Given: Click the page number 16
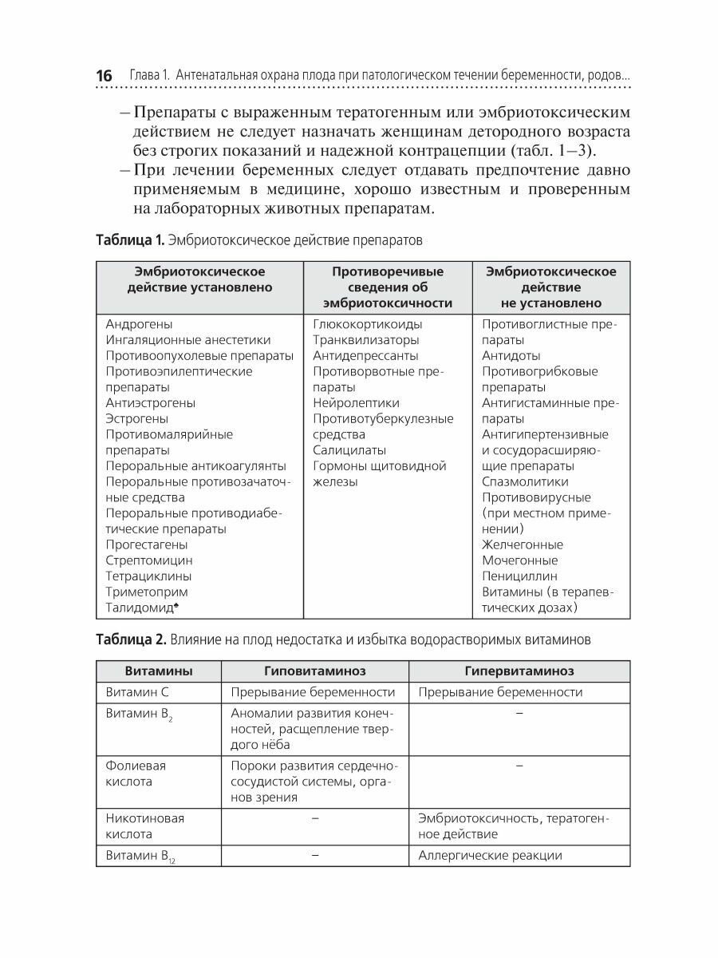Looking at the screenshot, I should pyautogui.click(x=104, y=76).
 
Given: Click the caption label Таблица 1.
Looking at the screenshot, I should pyautogui.click(x=129, y=239).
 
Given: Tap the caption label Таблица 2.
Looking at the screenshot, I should pyautogui.click(x=131, y=639).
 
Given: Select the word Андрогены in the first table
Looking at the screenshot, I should pyautogui.click(x=139, y=325).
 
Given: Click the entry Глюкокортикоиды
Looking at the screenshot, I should pyautogui.click(x=368, y=325).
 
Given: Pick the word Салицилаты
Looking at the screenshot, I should pyautogui.click(x=349, y=450).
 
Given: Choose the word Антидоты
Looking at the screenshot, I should pyautogui.click(x=511, y=356).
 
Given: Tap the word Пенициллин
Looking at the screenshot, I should pyautogui.click(x=520, y=576).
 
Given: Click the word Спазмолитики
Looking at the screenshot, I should pyautogui.click(x=526, y=481).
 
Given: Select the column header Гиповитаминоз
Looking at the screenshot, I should pyautogui.click(x=315, y=671).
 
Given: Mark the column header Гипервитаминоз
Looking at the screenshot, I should pyautogui.click(x=519, y=671).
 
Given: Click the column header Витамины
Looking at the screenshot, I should pyautogui.click(x=159, y=671).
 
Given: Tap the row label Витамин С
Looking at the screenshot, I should pyautogui.click(x=140, y=692).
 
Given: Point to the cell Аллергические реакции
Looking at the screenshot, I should pyautogui.click(x=491, y=855).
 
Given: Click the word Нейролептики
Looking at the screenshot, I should pyautogui.click(x=357, y=403).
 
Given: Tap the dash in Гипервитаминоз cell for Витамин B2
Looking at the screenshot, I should pyautogui.click(x=519, y=712).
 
